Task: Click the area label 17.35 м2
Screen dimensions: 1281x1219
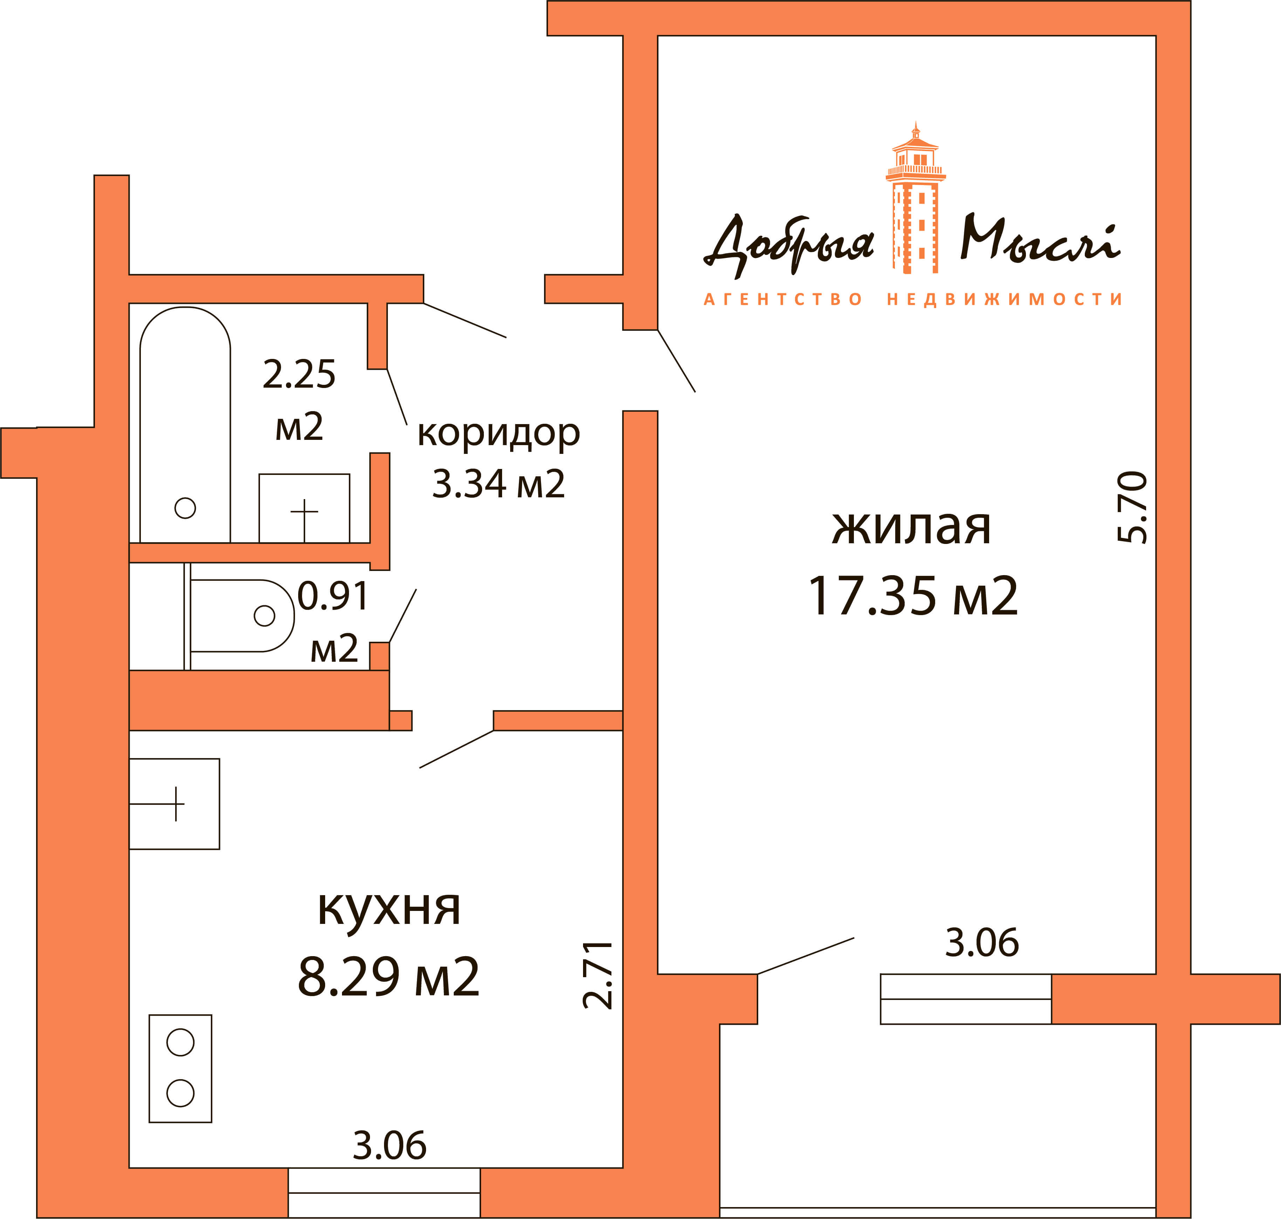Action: tap(913, 596)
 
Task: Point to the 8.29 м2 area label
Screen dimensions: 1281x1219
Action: tap(389, 976)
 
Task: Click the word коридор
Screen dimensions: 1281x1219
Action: tap(498, 434)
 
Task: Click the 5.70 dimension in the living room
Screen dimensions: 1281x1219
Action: tap(1133, 508)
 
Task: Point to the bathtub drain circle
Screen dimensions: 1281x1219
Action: tap(185, 508)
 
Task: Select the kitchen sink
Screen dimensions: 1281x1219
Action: tap(174, 804)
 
